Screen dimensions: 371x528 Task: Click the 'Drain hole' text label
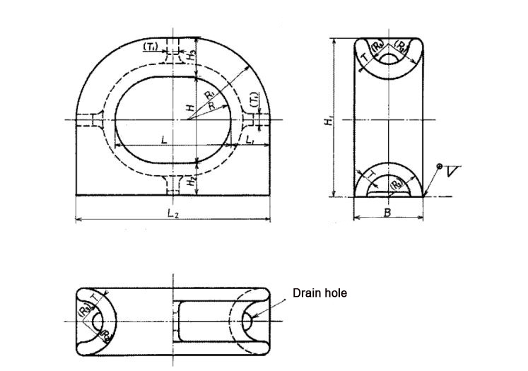tap(319, 293)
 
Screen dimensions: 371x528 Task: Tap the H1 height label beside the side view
tap(329, 122)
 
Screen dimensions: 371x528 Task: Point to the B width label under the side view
tap(387, 213)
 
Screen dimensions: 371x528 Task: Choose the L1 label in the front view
tap(252, 141)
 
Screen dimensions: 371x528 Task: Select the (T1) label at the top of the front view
tap(151, 47)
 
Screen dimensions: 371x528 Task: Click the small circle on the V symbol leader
tap(439, 166)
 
